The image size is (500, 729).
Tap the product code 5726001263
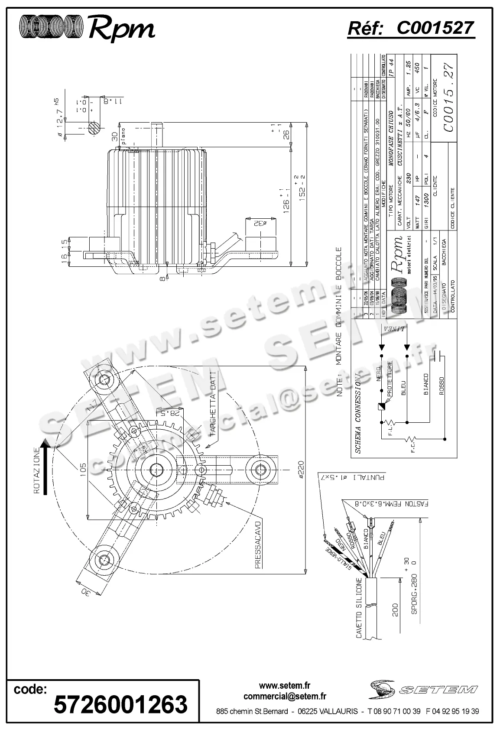click(120, 703)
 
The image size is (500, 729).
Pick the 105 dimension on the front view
click(83, 470)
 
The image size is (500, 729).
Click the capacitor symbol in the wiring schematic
click(441, 356)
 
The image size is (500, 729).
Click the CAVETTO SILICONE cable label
click(359, 608)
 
